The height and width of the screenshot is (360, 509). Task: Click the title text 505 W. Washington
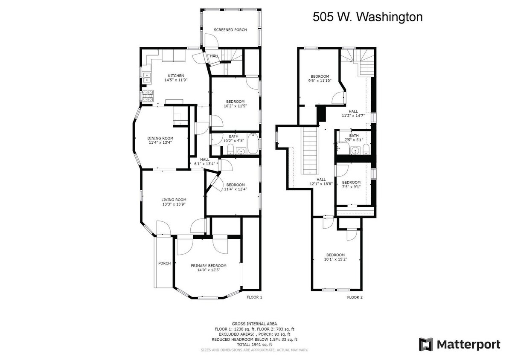pos(367,17)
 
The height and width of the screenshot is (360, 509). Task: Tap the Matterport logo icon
pos(425,344)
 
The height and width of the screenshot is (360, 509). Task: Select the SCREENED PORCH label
pos(230,30)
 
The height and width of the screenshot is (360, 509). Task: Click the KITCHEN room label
pos(176,75)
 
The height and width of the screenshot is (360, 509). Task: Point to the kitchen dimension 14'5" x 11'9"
pos(176,80)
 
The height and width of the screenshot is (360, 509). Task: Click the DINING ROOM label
pos(160,138)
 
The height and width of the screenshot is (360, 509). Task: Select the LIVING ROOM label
pos(174,200)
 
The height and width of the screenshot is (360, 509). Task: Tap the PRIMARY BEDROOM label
pos(209,265)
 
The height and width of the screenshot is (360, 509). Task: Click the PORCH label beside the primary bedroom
pos(164,263)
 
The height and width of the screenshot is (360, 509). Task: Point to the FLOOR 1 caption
pos(254,297)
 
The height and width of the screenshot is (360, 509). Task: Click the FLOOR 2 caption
pos(355,297)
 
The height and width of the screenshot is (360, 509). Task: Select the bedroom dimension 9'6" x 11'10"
pos(320,80)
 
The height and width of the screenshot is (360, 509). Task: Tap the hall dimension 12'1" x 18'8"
pos(321,184)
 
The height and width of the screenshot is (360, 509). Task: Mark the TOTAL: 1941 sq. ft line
pos(254,344)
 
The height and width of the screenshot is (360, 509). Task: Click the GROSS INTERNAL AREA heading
pos(254,324)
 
